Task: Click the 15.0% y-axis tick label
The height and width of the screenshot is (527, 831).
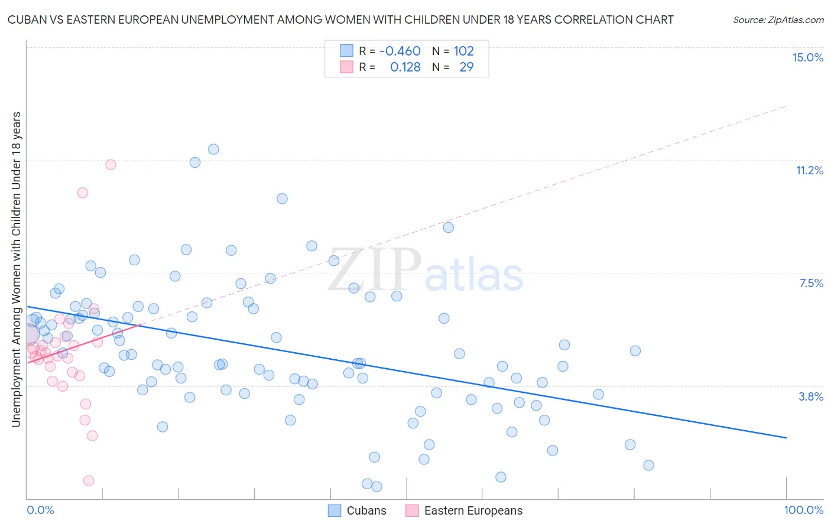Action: tap(807, 57)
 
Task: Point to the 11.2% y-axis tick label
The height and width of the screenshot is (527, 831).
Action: tap(809, 170)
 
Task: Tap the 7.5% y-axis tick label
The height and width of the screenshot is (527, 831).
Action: tap(811, 283)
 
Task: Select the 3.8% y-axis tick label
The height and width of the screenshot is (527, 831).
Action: tap(811, 396)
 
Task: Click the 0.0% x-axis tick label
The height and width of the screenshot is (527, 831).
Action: tap(40, 510)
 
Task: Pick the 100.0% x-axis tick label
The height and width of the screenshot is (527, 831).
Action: tap(803, 510)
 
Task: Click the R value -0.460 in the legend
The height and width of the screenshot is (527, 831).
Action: tap(400, 51)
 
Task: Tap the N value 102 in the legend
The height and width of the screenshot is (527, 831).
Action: tap(463, 51)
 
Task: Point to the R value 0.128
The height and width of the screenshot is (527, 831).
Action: tap(405, 67)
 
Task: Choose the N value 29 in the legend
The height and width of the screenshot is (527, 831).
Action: tap(466, 67)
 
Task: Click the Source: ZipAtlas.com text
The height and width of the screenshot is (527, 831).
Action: tap(778, 19)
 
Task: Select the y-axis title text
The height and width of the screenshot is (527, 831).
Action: tap(16, 269)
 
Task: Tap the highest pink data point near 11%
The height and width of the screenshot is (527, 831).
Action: tap(111, 165)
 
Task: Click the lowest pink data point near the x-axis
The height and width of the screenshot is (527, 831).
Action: tap(89, 480)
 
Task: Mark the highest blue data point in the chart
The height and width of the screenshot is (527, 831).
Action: tap(213, 149)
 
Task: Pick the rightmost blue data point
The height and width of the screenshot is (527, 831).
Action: tap(648, 465)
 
